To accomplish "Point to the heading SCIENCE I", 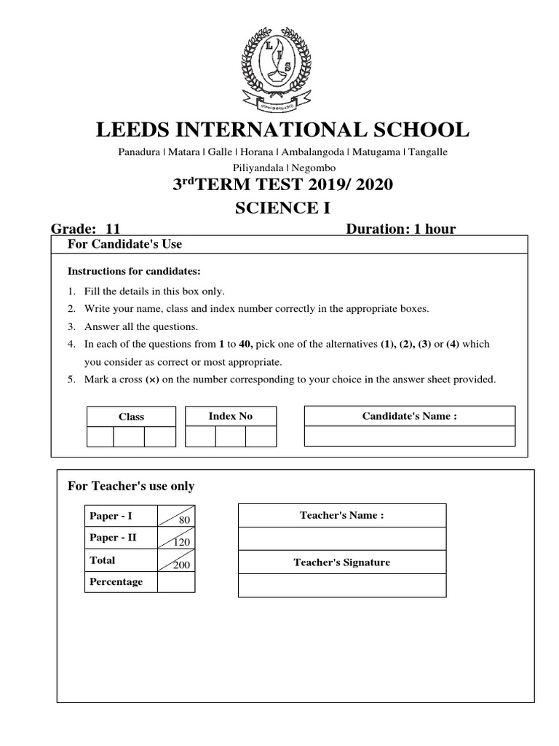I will pyautogui.click(x=282, y=208).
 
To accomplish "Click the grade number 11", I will pyautogui.click(x=113, y=229).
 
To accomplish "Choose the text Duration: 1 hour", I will pyautogui.click(x=401, y=229).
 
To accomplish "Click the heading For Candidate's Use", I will pyautogui.click(x=130, y=243).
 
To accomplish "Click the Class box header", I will pyautogui.click(x=131, y=417).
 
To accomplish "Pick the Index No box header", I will pyautogui.click(x=230, y=416).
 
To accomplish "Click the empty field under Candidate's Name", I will pyautogui.click(x=409, y=436).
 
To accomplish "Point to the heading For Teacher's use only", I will pyautogui.click(x=131, y=486).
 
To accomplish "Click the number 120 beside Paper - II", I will pyautogui.click(x=181, y=542).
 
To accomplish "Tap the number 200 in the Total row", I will pyautogui.click(x=181, y=565).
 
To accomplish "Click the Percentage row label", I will pyautogui.click(x=116, y=582).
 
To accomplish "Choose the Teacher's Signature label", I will pyautogui.click(x=341, y=562).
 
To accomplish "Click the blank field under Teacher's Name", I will pyautogui.click(x=341, y=538).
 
